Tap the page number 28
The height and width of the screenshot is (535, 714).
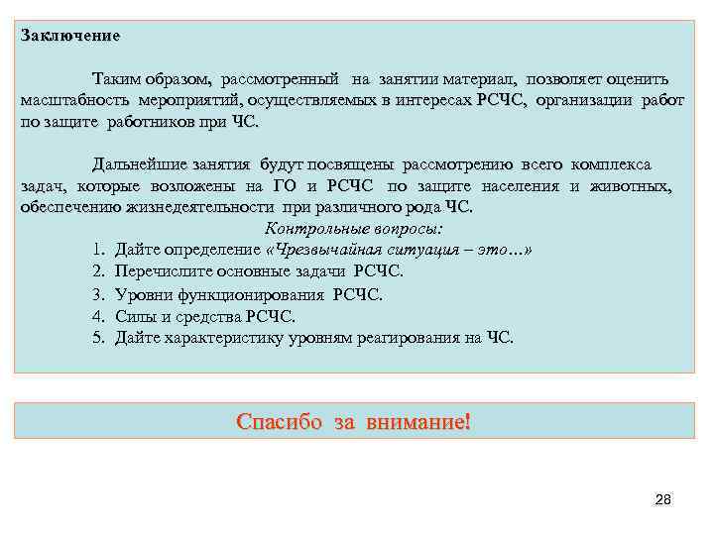[663, 500]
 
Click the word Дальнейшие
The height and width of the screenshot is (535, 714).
[140, 163]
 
